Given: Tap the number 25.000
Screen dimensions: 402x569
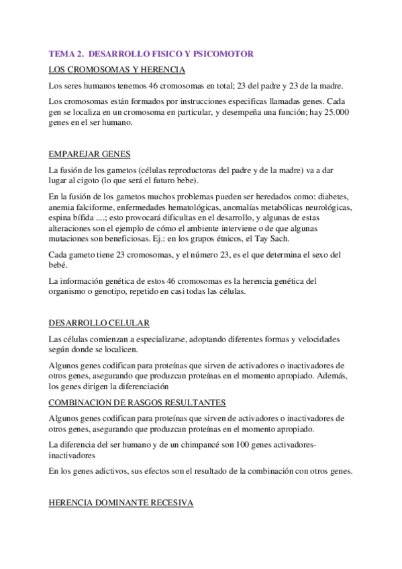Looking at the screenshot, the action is (332, 112).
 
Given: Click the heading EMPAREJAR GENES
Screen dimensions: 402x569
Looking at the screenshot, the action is (91, 154).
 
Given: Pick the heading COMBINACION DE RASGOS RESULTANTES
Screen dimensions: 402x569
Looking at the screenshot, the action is (138, 402).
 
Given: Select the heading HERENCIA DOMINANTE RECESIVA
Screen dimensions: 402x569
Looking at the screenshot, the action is (121, 502).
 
